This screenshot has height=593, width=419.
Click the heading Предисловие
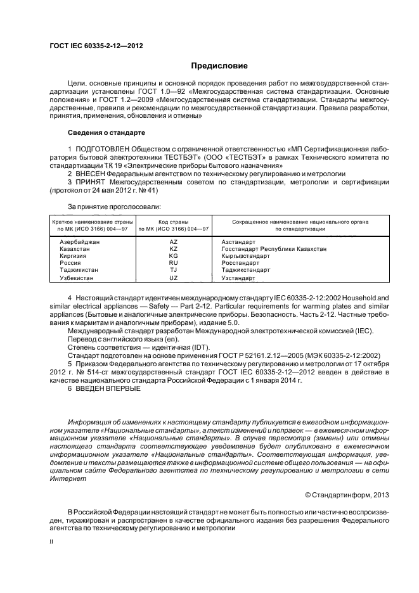click(220, 66)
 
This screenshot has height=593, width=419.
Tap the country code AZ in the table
click(173, 241)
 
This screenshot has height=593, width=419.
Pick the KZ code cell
click(173, 249)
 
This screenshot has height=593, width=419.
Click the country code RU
click(173, 262)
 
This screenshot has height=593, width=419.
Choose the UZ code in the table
click(173, 277)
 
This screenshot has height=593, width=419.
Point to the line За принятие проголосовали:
click(114, 207)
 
